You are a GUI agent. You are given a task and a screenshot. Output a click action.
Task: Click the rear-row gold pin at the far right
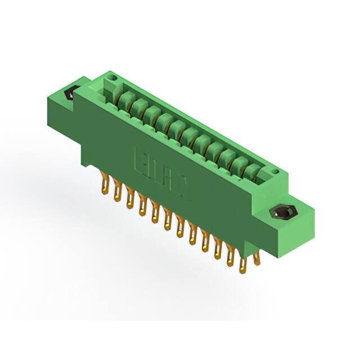tap(257, 259)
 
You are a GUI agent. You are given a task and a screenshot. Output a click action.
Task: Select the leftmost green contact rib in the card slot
tap(125, 101)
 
